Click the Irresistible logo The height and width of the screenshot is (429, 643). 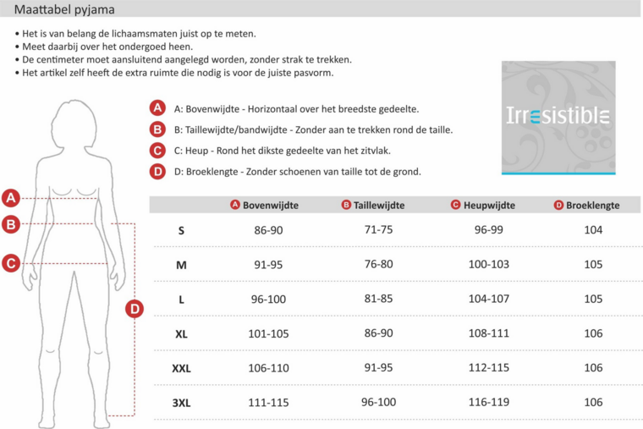558,117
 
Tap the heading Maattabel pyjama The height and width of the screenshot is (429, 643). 65,9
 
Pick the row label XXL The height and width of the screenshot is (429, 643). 181,369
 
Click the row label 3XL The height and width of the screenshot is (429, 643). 181,404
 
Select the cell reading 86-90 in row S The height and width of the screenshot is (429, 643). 268,230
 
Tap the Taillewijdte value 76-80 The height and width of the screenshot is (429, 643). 378,264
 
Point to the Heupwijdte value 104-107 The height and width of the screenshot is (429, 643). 489,299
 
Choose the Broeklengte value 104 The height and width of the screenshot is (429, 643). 593,230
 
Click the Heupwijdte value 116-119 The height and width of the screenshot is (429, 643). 489,403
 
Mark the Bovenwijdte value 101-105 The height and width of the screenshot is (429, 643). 268,333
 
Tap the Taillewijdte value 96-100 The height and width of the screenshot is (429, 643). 378,403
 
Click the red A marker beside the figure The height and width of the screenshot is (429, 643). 11,198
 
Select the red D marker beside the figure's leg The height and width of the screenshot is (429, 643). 134,310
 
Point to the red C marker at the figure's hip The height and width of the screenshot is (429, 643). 11,263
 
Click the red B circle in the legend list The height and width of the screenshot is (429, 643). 157,129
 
